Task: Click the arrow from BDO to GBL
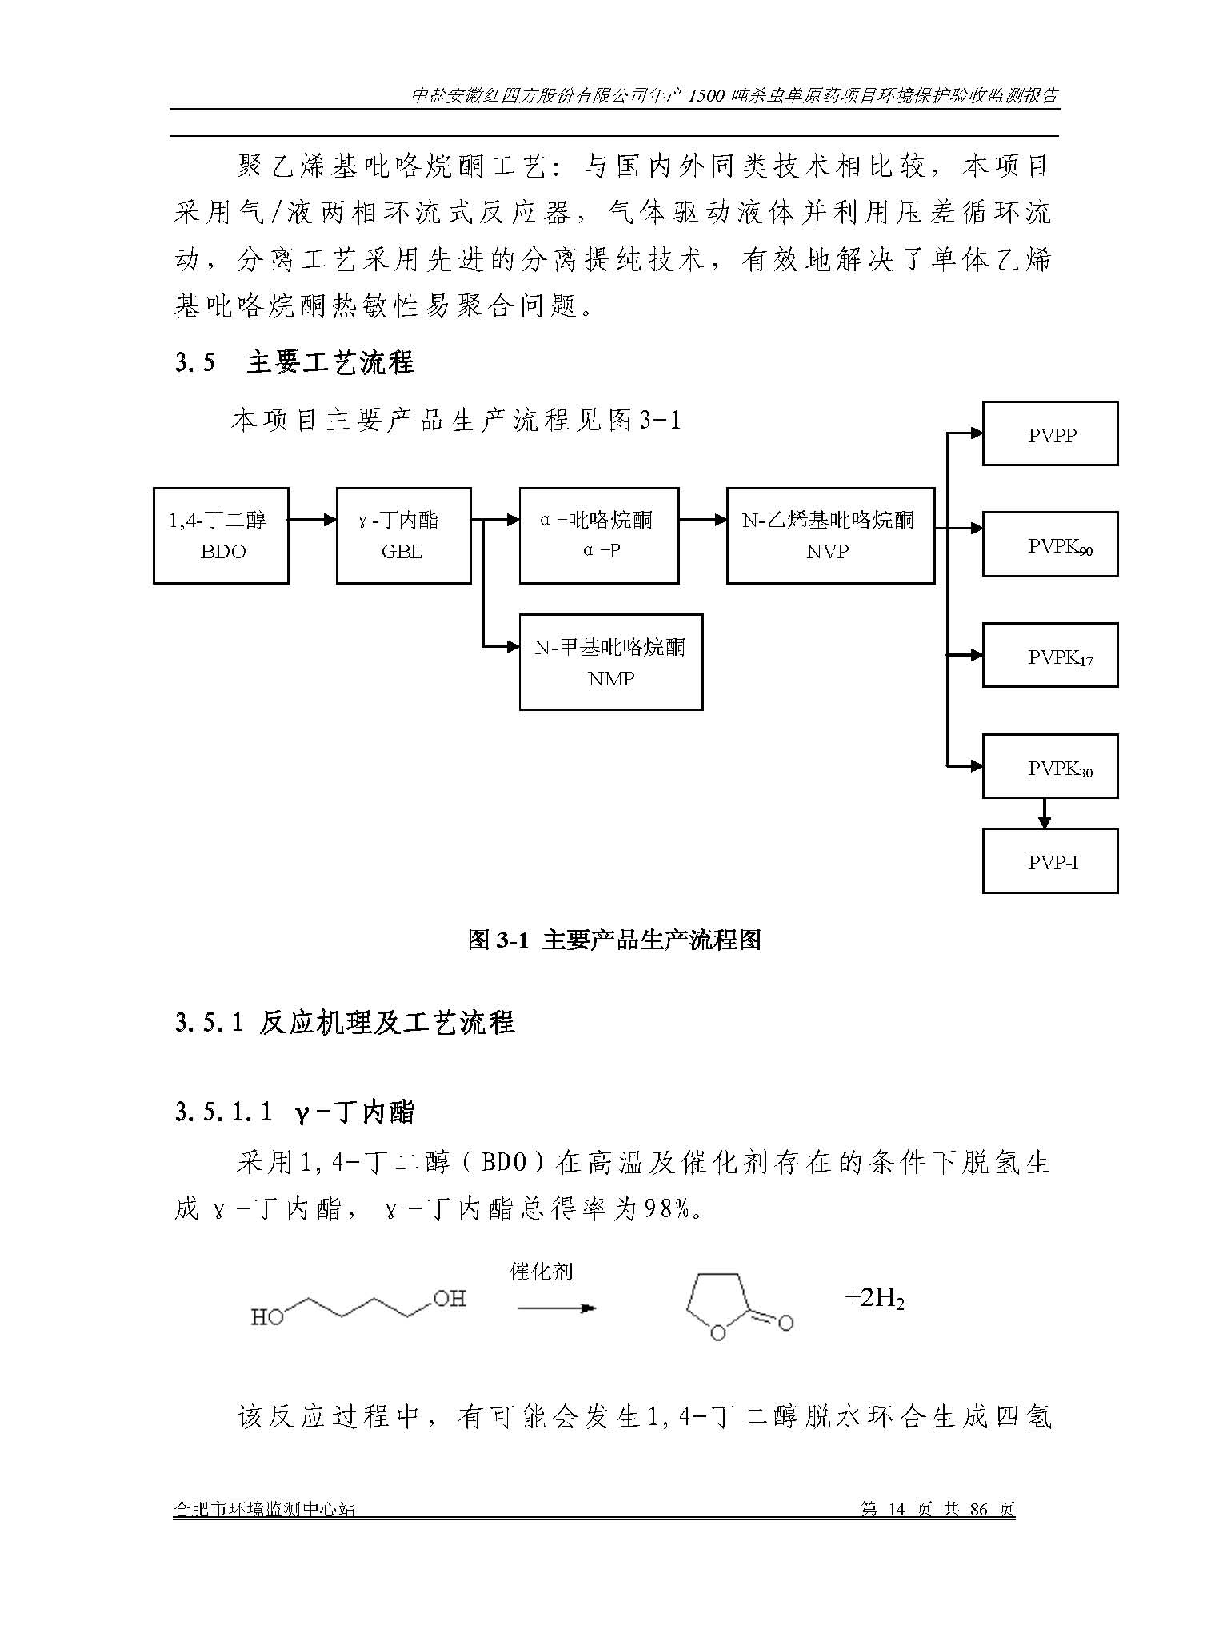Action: point(313,520)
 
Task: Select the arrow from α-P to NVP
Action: point(703,520)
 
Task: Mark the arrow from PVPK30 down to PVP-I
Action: point(1043,813)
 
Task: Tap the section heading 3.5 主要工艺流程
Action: point(294,362)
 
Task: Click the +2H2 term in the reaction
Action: point(874,1298)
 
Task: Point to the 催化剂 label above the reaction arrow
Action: point(542,1272)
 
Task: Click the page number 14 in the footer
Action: point(896,1510)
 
